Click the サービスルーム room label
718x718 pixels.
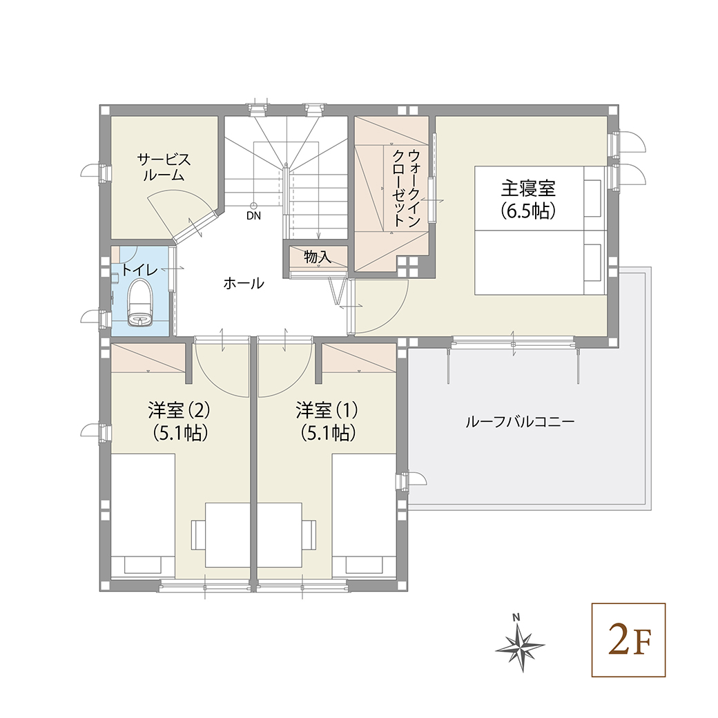tap(164, 167)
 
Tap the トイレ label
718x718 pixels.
tap(140, 269)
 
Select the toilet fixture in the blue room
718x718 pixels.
tap(142, 304)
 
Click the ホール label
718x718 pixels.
tap(243, 283)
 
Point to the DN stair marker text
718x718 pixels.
tap(254, 216)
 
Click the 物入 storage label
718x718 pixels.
tap(318, 258)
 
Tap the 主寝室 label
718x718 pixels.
tap(528, 188)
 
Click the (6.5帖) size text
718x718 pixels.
tap(528, 211)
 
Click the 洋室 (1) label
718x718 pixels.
tap(327, 410)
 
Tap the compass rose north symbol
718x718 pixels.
tap(520, 646)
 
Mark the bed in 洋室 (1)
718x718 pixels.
tap(364, 514)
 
